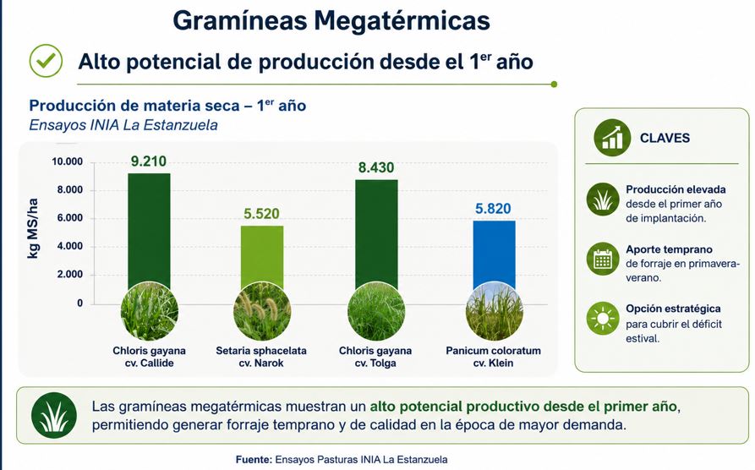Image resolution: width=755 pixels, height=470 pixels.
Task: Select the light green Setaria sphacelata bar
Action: click(262, 256)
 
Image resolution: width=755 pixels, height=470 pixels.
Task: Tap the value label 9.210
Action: click(148, 161)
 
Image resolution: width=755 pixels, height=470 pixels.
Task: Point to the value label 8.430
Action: click(376, 167)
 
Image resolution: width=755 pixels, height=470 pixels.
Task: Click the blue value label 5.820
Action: click(493, 209)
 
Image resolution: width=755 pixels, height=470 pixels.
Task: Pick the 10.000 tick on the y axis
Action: click(68, 161)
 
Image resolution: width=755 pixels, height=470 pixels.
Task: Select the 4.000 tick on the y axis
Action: click(70, 246)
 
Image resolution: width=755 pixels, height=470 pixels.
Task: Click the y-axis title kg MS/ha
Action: click(33, 228)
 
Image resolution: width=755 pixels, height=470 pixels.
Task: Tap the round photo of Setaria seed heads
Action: click(262, 312)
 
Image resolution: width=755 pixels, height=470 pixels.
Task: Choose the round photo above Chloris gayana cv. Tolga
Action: click(376, 312)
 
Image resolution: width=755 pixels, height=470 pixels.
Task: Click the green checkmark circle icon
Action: click(46, 61)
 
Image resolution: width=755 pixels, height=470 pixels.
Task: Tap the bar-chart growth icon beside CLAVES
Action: click(612, 138)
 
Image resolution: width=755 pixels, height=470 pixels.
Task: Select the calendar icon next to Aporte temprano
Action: click(603, 259)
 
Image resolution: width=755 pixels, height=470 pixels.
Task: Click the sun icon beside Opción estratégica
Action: click(603, 319)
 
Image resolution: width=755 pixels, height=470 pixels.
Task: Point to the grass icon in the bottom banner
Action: click(54, 415)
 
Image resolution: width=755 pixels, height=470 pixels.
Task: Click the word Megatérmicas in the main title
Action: click(402, 20)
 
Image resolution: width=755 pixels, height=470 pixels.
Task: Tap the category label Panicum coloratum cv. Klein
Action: click(493, 357)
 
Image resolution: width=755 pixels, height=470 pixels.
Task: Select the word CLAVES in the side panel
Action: click(665, 138)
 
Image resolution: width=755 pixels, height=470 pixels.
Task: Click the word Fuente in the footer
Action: click(254, 459)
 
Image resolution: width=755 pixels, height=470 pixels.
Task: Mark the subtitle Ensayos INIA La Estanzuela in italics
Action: click(123, 125)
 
